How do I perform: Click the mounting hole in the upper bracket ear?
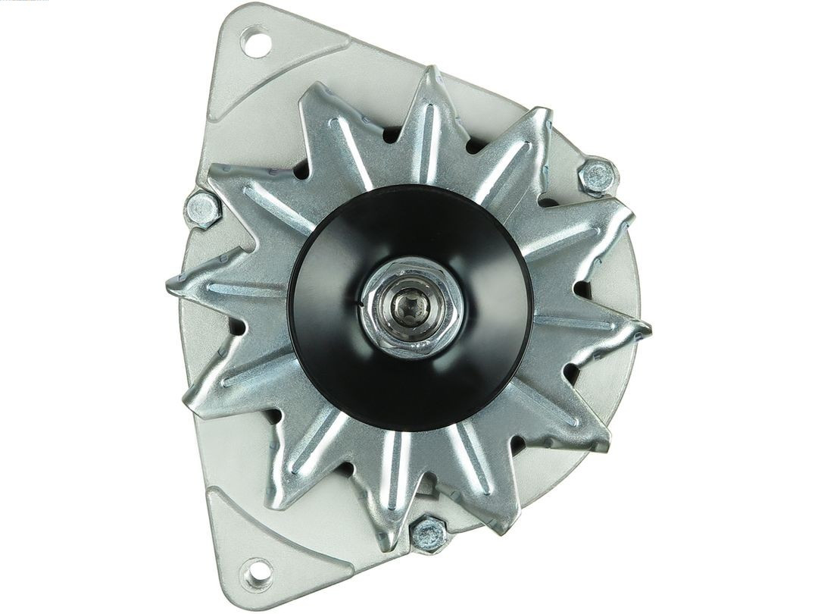pyautogui.click(x=256, y=42)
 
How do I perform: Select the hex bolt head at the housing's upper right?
pyautogui.click(x=598, y=177)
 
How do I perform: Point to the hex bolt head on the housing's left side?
pyautogui.click(x=202, y=208)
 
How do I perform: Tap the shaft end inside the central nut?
pyautogui.click(x=411, y=308)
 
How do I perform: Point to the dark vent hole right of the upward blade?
pyautogui.click(x=475, y=144)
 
